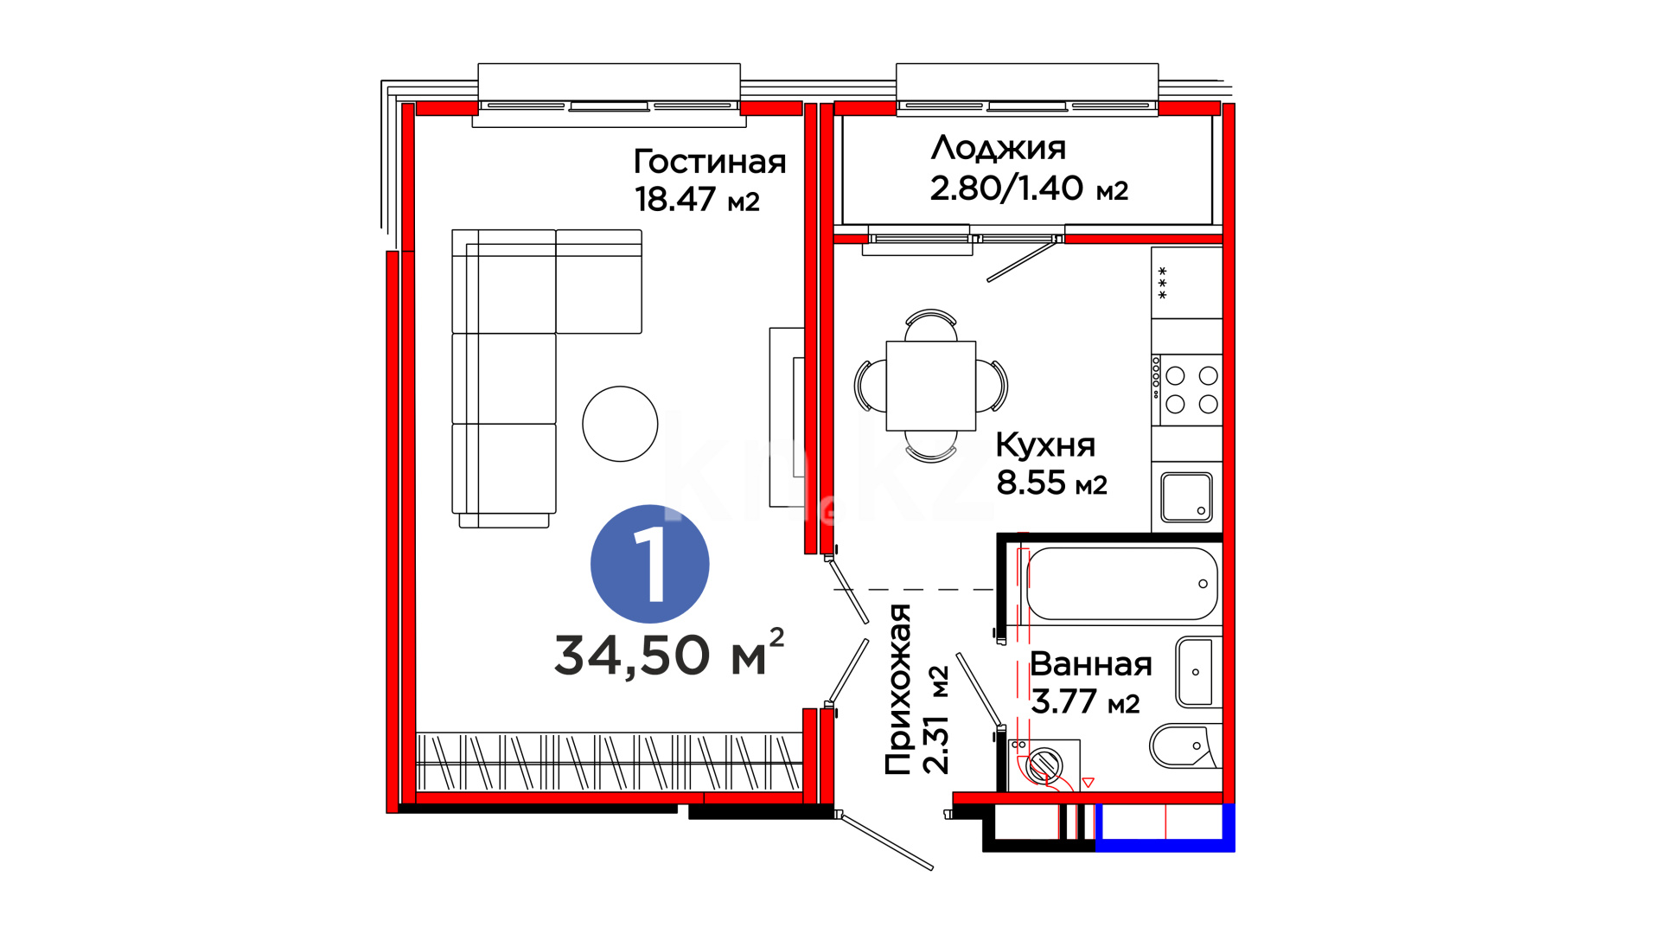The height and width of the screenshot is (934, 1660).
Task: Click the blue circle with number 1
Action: tap(650, 564)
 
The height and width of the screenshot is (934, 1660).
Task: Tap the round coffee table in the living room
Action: tap(620, 424)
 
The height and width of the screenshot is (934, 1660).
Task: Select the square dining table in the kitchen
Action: tap(931, 386)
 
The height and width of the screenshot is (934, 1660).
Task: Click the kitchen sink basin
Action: tap(1186, 497)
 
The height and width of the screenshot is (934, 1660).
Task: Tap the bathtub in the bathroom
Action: tap(1122, 584)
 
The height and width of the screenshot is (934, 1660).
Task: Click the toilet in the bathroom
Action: tap(1184, 746)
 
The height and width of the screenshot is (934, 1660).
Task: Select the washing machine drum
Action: tap(1044, 764)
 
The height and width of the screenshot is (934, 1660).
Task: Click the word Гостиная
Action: tap(710, 162)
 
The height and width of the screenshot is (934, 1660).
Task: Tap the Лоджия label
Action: tap(999, 149)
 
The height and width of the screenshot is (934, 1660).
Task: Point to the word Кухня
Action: tap(1045, 445)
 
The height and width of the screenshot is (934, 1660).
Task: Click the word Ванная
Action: tap(1091, 664)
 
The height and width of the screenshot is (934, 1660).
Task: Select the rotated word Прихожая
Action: tap(899, 689)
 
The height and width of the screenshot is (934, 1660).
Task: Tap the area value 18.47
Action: tap(675, 199)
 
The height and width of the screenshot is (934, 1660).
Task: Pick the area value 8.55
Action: tap(1031, 483)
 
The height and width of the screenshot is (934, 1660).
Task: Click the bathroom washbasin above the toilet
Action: tap(1197, 672)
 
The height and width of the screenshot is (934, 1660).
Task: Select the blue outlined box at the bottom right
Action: tap(1165, 828)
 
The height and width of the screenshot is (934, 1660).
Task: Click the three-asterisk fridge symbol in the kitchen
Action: tap(1162, 283)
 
